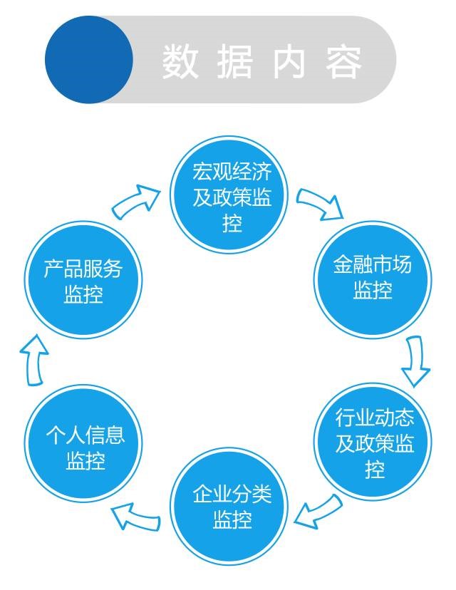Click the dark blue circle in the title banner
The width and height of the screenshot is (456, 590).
[89, 59]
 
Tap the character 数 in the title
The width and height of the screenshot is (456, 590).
[179, 61]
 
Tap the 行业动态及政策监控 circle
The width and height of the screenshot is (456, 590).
[373, 442]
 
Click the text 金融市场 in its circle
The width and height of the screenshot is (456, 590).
[373, 266]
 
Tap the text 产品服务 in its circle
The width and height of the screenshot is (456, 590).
[83, 269]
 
